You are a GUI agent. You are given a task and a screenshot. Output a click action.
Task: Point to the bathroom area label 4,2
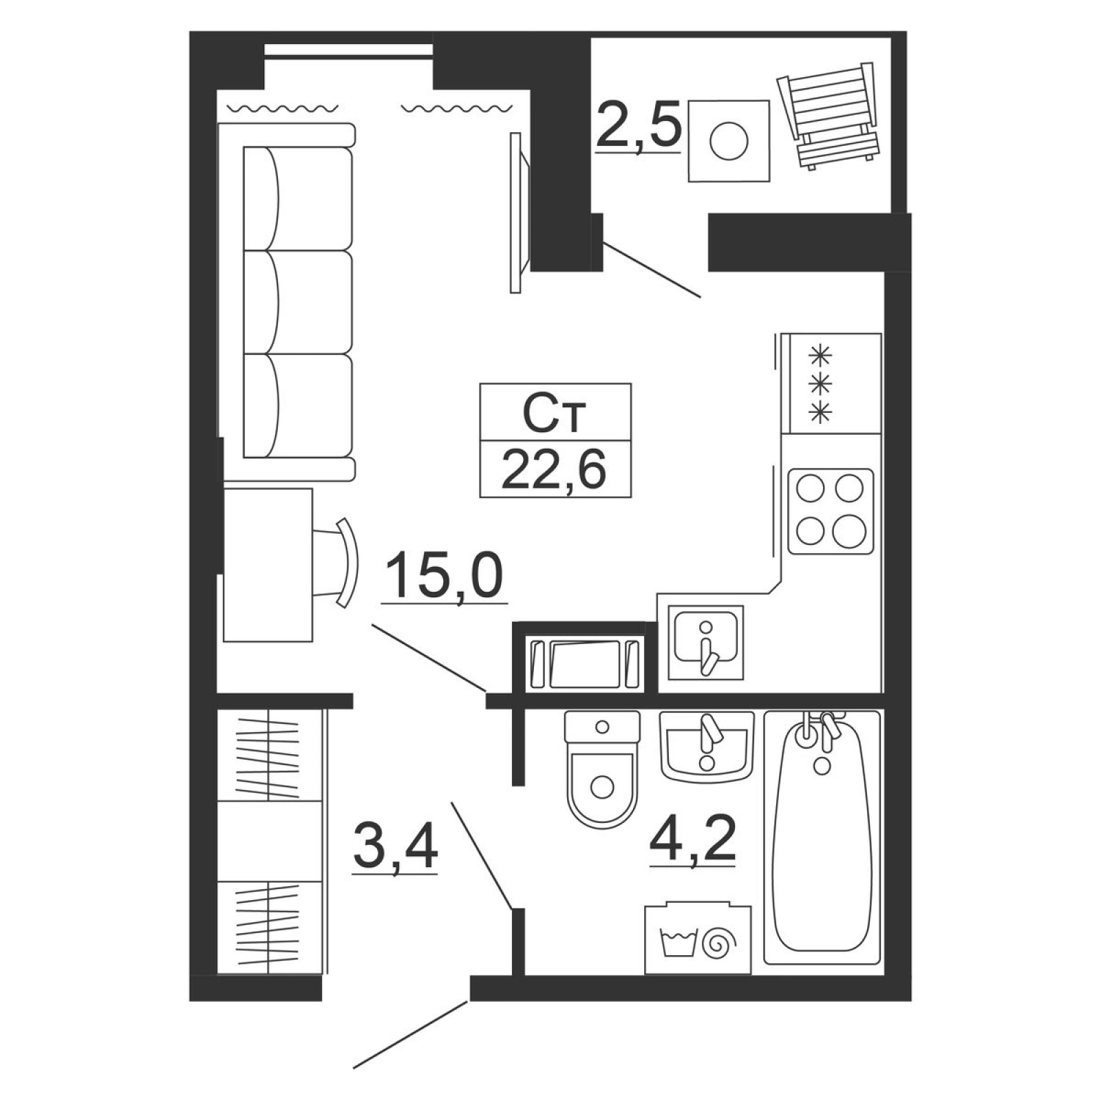[693, 837]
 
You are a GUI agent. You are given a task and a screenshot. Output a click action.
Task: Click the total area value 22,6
[554, 468]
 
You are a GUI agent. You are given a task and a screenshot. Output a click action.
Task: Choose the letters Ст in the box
[554, 412]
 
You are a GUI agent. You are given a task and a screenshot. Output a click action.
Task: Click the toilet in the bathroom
[602, 769]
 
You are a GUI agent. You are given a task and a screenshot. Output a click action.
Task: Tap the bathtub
[822, 837]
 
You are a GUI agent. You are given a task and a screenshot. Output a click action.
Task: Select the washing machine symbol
[697, 939]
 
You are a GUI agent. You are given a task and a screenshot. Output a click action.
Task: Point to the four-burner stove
[830, 511]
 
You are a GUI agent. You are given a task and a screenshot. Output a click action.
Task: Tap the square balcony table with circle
[729, 140]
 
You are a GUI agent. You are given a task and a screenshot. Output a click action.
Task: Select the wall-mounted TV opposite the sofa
[520, 213]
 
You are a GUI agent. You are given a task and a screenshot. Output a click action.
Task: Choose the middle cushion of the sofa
[297, 302]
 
